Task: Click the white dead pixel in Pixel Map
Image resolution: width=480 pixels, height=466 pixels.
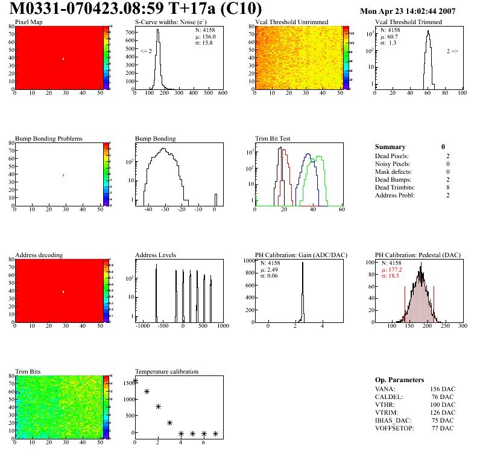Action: [x=63, y=59]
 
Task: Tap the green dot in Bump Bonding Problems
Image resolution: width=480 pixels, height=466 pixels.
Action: [x=63, y=175]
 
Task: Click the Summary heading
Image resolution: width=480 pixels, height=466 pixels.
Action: [x=390, y=147]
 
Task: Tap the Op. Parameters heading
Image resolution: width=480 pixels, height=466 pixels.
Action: [x=399, y=380]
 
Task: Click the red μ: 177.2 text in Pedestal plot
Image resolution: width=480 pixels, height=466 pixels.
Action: [x=393, y=269]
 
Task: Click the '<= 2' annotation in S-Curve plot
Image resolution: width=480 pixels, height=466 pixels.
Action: [x=146, y=51]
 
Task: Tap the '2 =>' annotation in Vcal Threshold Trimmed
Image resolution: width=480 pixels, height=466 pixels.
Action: [x=452, y=51]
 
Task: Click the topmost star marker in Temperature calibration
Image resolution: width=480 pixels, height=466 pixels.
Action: [x=135, y=380]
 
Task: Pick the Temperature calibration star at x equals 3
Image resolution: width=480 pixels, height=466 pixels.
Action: [x=169, y=423]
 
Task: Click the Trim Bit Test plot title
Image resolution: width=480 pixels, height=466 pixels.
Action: [x=273, y=138]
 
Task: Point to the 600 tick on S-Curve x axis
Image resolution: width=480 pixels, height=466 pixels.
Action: [x=222, y=94]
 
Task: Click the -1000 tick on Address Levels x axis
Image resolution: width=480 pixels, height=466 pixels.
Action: [x=143, y=326]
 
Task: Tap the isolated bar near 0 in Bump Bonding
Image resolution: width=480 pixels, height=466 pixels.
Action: [x=216, y=199]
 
